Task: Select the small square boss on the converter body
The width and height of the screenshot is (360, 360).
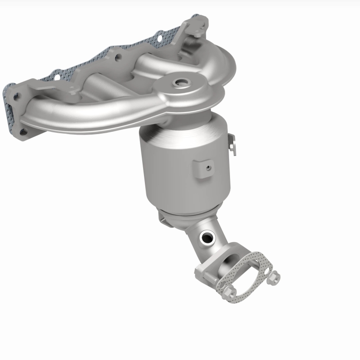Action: (203, 168)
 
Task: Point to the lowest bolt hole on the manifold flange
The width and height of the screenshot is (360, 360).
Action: (22, 131)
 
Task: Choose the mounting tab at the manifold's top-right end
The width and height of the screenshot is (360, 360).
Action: (198, 27)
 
